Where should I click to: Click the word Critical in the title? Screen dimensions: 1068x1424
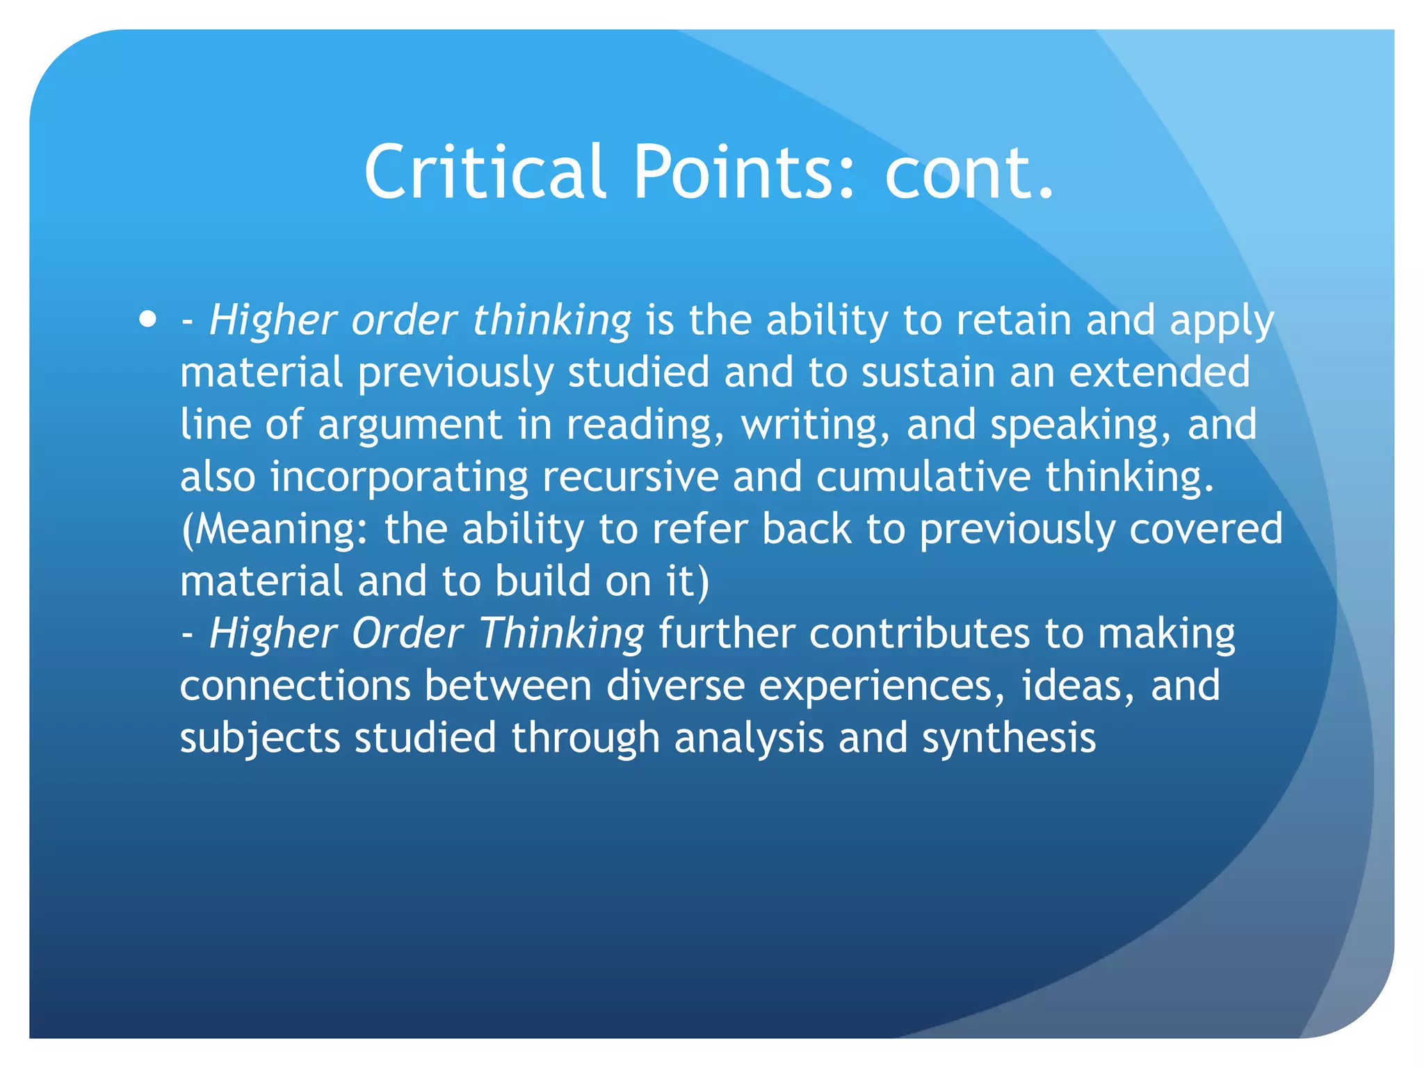click(485, 171)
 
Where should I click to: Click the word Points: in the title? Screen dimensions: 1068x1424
click(743, 171)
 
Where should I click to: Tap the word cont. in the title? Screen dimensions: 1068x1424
click(969, 171)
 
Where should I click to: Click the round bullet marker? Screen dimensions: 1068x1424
click(147, 321)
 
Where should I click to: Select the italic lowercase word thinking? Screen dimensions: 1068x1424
click(551, 321)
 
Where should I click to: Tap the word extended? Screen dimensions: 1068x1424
click(1159, 372)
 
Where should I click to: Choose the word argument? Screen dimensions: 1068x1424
click(410, 425)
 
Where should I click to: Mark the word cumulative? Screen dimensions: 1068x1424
click(923, 477)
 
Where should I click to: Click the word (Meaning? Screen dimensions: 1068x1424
click(275, 529)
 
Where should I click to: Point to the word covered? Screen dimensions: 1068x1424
click(1206, 529)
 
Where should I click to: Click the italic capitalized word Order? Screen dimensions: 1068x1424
click(407, 633)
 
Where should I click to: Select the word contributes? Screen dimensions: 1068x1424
click(919, 633)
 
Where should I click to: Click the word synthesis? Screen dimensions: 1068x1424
click(1009, 738)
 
